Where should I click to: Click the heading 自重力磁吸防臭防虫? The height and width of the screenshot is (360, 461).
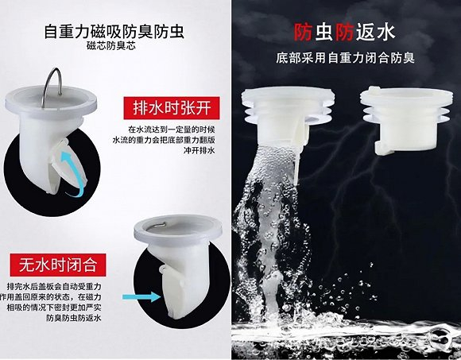click(114, 32)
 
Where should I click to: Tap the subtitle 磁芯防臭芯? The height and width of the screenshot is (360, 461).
click(111, 46)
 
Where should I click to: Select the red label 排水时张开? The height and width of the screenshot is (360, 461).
click(172, 108)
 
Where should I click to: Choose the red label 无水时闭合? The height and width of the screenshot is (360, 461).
click(58, 265)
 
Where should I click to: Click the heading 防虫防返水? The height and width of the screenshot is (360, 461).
click(344, 32)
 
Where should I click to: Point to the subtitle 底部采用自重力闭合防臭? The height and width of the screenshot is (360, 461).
click(345, 57)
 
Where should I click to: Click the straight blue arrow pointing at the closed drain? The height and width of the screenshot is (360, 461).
click(141, 296)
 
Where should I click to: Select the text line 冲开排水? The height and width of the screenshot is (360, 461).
click(199, 150)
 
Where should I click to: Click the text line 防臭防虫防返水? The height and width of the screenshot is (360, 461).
click(73, 318)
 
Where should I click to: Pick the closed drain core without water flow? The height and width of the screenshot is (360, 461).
click(407, 120)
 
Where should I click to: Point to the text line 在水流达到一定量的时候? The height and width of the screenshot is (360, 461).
click(172, 130)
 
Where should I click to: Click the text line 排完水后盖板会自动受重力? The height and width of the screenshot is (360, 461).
click(54, 286)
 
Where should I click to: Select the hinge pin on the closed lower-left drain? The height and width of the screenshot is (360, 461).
click(162, 269)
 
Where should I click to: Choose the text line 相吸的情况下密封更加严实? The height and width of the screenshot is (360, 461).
click(54, 308)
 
